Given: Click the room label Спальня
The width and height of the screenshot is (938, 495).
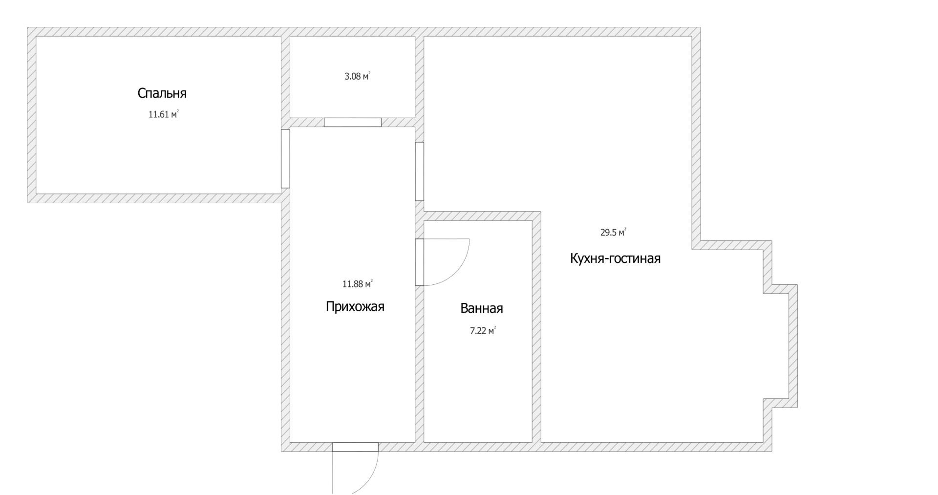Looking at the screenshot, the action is (162, 93).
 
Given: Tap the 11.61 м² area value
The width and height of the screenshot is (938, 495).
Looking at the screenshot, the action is (163, 114).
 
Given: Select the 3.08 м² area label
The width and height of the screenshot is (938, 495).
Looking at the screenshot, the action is (358, 76).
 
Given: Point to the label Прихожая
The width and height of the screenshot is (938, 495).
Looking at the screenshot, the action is (355, 306).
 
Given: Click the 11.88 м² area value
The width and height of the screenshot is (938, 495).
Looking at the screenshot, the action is (358, 283).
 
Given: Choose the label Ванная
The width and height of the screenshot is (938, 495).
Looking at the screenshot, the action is (482, 308).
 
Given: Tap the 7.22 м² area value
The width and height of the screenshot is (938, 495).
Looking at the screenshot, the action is (483, 331).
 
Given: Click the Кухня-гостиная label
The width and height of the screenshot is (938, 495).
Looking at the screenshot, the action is (615, 258).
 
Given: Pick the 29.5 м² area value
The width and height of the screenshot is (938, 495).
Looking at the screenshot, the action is (613, 233).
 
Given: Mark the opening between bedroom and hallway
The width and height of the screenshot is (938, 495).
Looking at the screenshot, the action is (285, 158).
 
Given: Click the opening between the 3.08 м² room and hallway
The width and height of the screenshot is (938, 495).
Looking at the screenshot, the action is (353, 122).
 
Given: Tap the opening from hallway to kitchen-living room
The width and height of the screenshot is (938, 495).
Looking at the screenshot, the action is (419, 171).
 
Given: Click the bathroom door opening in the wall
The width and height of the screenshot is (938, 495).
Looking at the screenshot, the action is (419, 262).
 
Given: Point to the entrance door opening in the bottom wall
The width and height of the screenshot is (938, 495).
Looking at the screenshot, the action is (355, 447).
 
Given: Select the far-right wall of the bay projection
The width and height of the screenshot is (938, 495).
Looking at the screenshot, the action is (793, 346).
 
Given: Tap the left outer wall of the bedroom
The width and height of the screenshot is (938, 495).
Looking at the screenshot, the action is (31, 115).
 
